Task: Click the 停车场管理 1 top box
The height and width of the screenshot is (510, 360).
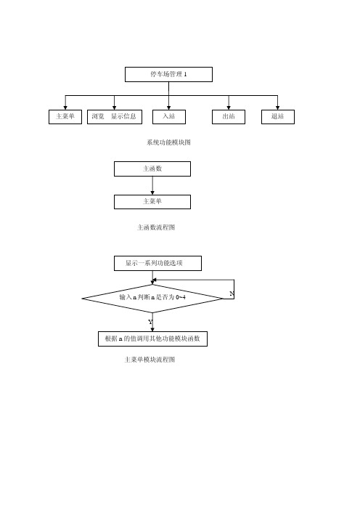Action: pos(168,75)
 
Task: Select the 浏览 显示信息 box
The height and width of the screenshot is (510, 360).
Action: pos(115,117)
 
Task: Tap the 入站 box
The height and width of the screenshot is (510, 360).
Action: pos(169,117)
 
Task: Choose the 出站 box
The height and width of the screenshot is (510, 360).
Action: pos(229,117)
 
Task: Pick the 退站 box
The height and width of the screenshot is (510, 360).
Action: pos(278,117)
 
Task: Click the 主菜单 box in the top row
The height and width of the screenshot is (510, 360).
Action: pos(65,117)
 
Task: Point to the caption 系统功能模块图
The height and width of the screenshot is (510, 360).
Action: pos(168,142)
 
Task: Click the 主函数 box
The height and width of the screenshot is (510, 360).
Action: pos(152,169)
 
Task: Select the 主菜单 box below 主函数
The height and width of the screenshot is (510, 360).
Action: pos(152,202)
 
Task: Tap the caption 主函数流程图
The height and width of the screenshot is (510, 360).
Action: pos(156,227)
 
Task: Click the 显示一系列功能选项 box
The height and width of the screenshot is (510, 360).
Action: pos(157,263)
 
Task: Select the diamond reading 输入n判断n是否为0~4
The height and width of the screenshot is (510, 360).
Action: pos(152,299)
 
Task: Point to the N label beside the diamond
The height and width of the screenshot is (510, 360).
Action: pos(232,294)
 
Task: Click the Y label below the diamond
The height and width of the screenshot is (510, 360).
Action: pos(150,322)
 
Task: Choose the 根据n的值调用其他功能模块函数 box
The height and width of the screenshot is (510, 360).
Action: pos(152,339)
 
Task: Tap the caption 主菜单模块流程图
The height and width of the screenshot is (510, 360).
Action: pos(150,360)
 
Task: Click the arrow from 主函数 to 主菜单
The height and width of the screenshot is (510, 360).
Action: pos(152,186)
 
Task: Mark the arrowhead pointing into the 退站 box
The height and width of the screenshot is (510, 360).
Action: pos(277,108)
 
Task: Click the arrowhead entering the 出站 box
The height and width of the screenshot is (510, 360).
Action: pos(229,108)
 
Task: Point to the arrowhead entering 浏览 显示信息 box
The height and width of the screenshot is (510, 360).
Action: pos(115,108)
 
